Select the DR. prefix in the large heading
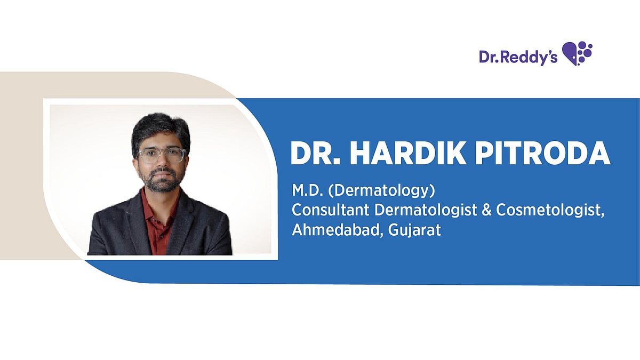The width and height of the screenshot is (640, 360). (x=314, y=154)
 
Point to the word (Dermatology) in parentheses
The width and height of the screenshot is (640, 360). (x=369, y=190)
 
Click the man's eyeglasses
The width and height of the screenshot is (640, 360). (x=161, y=155)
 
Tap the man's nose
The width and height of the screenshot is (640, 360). (x=161, y=163)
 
